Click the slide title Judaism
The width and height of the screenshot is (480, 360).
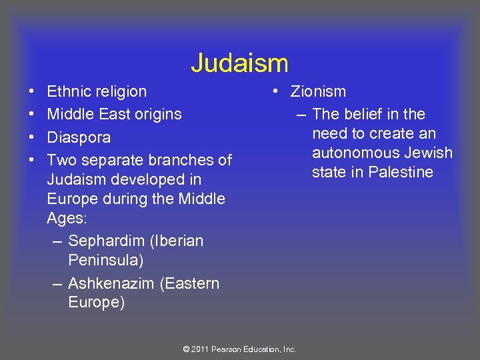click(239, 64)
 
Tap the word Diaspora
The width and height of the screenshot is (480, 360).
click(79, 138)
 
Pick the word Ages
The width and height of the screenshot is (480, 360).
click(63, 219)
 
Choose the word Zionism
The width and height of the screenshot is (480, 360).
click(318, 91)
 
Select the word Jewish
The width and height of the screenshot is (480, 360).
click(430, 153)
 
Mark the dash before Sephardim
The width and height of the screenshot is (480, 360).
click(58, 241)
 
